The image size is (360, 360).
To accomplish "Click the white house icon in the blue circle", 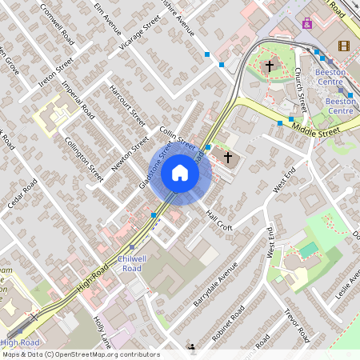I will tap(180, 173).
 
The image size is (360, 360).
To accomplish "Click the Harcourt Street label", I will tap(127, 106).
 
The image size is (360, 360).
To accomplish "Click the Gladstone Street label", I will tap(156, 166).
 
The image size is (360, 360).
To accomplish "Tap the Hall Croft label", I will tap(218, 221).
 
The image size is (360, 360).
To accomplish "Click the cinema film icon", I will tap(344, 46).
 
